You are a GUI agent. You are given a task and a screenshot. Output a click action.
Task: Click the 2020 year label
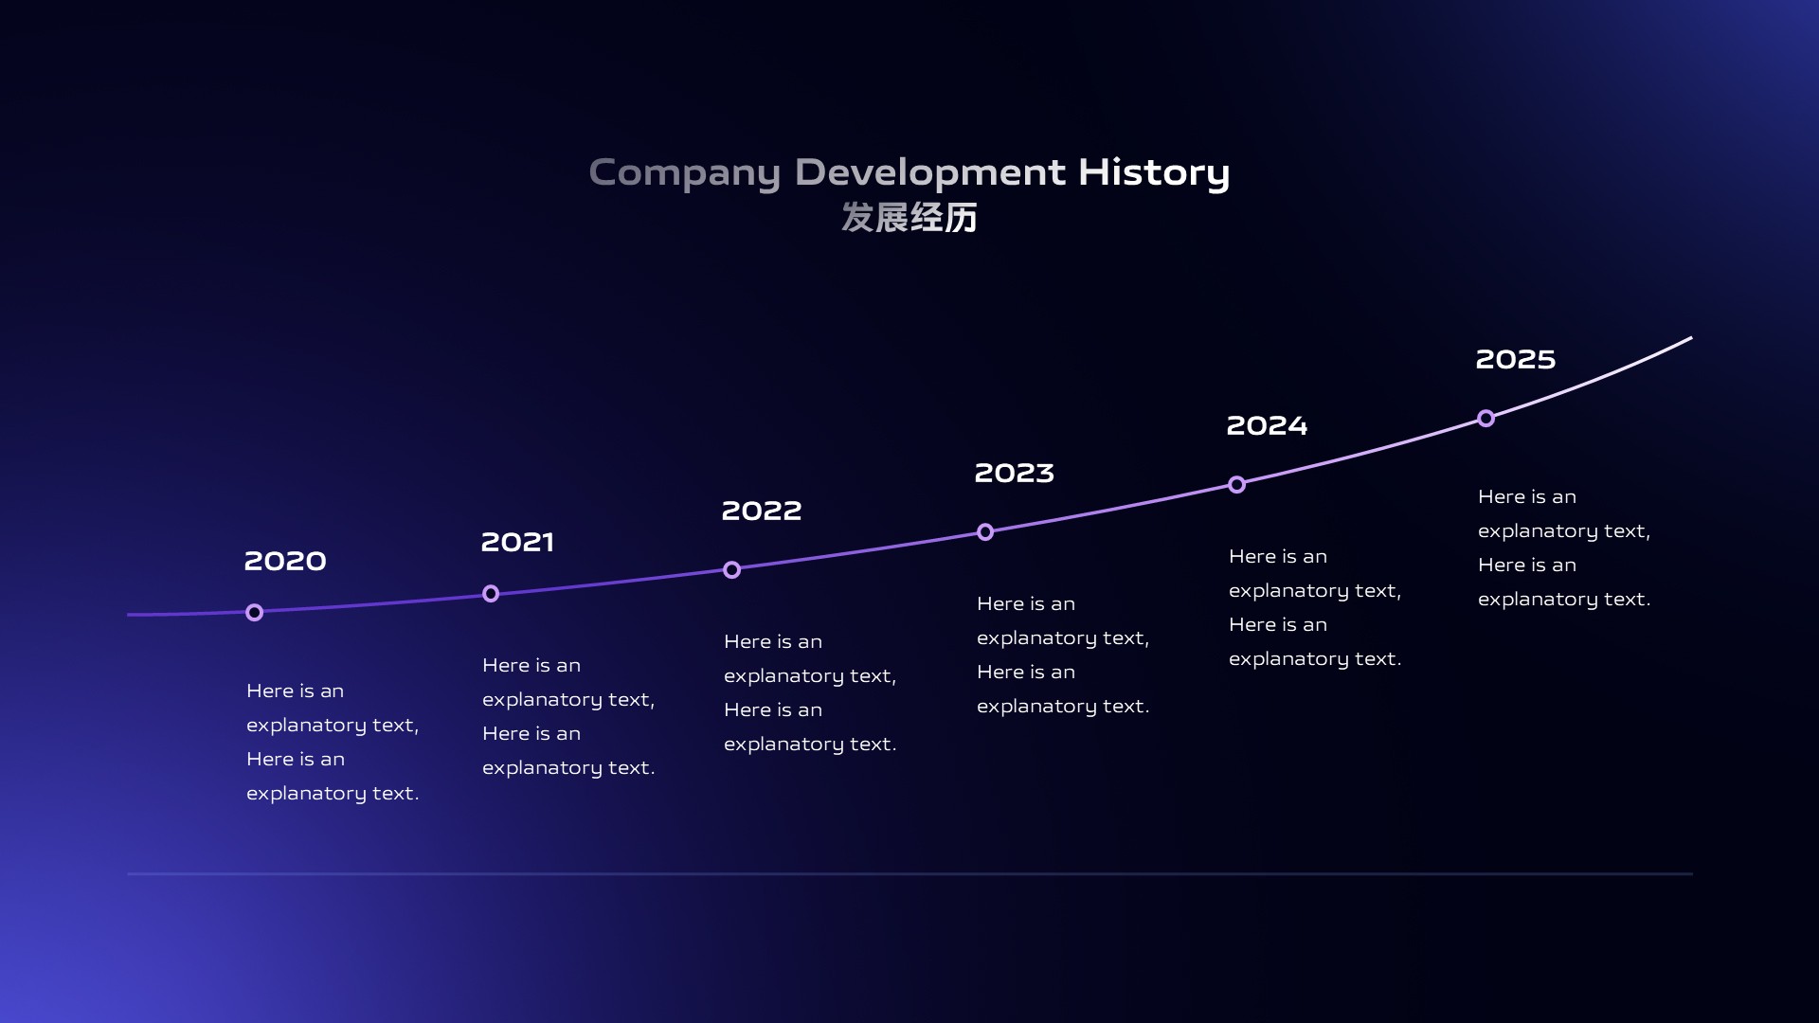pyautogui.click(x=285, y=561)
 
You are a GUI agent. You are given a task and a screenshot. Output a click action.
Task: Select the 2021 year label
pyautogui.click(x=517, y=542)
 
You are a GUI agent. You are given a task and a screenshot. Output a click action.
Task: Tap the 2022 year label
pyautogui.click(x=762, y=511)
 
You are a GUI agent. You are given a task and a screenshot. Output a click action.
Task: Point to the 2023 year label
pyautogui.click(x=1015, y=473)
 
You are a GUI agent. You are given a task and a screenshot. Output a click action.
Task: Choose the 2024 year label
pyautogui.click(x=1268, y=425)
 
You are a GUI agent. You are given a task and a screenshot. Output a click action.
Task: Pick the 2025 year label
pyautogui.click(x=1516, y=359)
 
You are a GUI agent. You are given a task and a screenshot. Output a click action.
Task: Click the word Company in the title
pyautogui.click(x=685, y=174)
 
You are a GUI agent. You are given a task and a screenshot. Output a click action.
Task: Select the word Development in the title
pyautogui.click(x=930, y=172)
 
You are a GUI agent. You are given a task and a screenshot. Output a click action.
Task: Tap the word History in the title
pyautogui.click(x=1154, y=174)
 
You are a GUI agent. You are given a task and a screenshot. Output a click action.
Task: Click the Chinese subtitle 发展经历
pyautogui.click(x=909, y=218)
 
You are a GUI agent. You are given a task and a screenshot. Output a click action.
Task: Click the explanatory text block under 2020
pyautogui.click(x=333, y=742)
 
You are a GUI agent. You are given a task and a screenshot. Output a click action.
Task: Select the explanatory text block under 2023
pyautogui.click(x=1063, y=655)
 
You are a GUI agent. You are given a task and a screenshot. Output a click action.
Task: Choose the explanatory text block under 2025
pyautogui.click(x=1564, y=547)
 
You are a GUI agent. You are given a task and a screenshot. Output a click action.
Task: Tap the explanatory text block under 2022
pyautogui.click(x=810, y=692)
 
